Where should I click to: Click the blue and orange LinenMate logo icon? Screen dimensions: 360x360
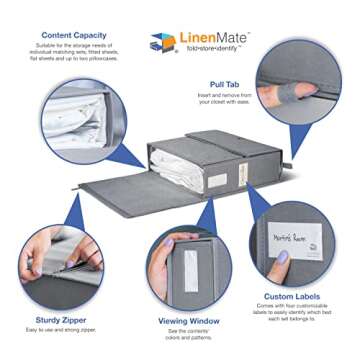[162, 43]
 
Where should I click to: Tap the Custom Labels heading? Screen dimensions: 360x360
[292, 297]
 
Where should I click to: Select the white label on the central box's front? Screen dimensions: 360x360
[216, 181]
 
